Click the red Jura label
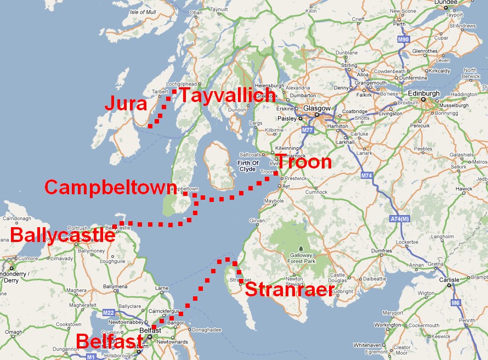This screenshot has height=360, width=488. coord(127,104)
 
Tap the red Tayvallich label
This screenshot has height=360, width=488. coord(227,95)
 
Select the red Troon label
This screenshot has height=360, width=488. coord(303,162)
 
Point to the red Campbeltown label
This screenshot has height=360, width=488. coord(111,187)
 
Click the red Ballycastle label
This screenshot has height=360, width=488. coord(63,235)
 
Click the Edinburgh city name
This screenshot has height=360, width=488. coord(424,94)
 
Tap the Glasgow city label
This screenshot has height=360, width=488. coord(317,109)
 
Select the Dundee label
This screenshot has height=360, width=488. coord(445,3)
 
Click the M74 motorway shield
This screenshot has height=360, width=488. coord(367,176)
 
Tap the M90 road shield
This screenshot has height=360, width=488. coord(404,40)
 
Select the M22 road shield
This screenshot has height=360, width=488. coord(109,312)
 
